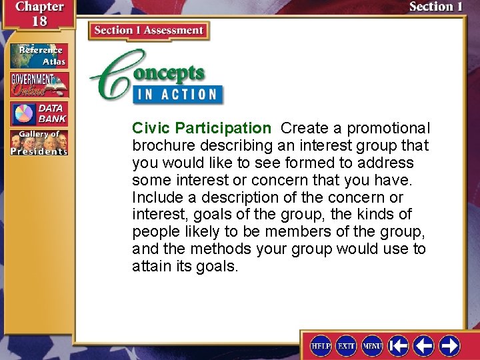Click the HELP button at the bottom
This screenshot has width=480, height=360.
click(321, 345)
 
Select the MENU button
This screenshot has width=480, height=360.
click(372, 345)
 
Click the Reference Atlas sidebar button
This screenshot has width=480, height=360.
click(39, 56)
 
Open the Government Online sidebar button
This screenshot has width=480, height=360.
click(39, 85)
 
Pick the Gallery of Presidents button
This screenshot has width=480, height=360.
click(39, 143)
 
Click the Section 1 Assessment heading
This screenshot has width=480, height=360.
click(149, 31)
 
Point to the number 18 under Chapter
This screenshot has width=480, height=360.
click(39, 21)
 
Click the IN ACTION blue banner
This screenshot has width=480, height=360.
click(177, 93)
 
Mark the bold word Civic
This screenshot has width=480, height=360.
click(151, 128)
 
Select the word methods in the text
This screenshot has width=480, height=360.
click(215, 249)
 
